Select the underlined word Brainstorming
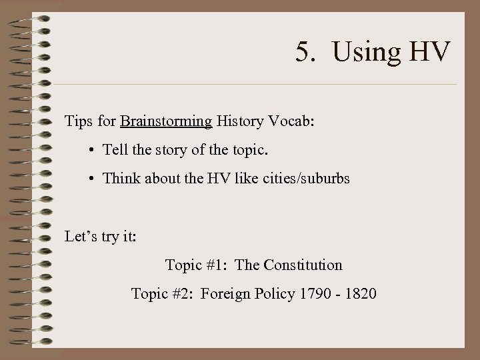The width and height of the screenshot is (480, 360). pyautogui.click(x=166, y=122)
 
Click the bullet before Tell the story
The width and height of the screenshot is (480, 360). pyautogui.click(x=90, y=150)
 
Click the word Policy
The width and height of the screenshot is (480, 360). pyautogui.click(x=273, y=294)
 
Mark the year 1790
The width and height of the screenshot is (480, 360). pyautogui.click(x=314, y=294)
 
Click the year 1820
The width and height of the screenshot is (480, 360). pyautogui.click(x=360, y=294)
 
